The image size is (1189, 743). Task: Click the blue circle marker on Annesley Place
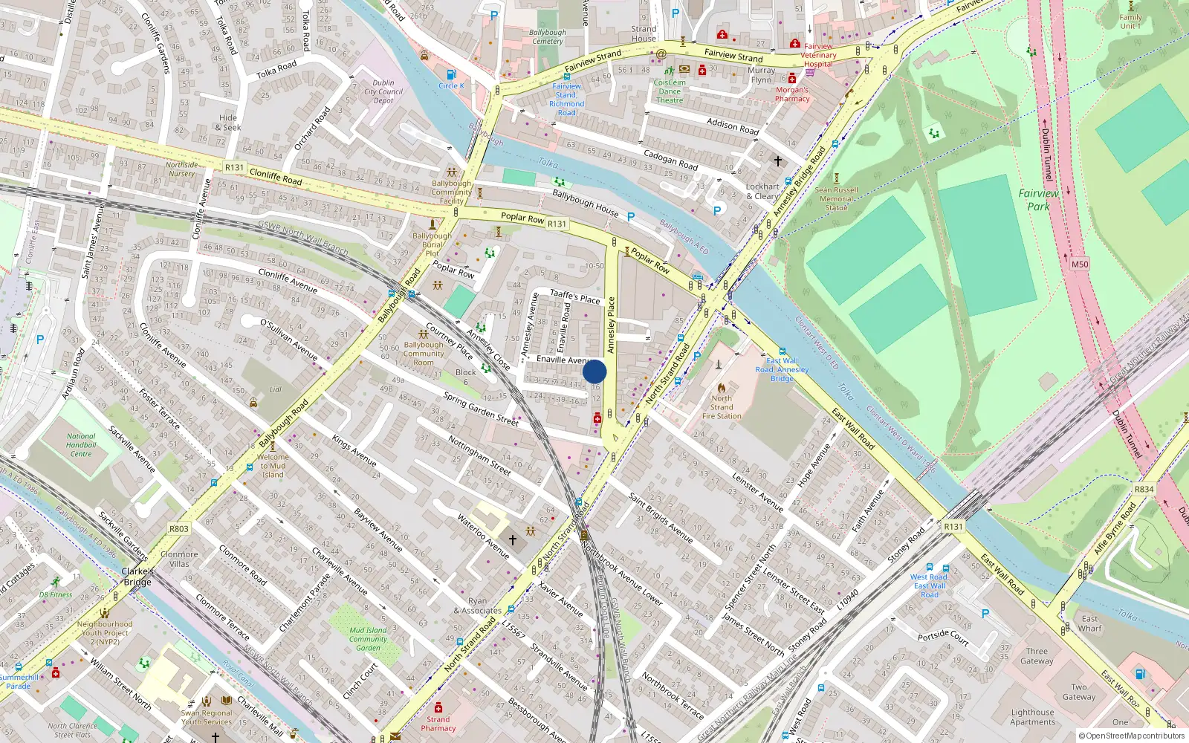(x=594, y=371)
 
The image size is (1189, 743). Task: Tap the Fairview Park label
(x=1038, y=200)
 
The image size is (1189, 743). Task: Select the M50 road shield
(x=1080, y=265)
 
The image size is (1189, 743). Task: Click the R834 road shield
(x=1144, y=489)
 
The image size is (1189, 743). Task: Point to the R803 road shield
(x=178, y=529)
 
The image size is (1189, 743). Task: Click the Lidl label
(x=276, y=389)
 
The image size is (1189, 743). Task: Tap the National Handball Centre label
(x=81, y=445)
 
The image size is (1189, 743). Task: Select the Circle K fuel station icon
(x=450, y=75)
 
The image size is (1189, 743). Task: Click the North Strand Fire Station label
(x=722, y=407)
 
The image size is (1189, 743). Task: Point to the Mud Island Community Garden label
(x=368, y=639)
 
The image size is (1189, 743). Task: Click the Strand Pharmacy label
(x=438, y=724)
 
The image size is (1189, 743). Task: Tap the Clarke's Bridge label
(x=137, y=577)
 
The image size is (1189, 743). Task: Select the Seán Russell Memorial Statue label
(x=836, y=198)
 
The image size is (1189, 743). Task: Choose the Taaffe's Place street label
(x=574, y=296)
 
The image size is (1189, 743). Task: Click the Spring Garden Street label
(x=481, y=409)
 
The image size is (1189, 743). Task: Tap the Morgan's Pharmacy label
(x=792, y=94)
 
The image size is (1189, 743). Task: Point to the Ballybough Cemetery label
(x=548, y=37)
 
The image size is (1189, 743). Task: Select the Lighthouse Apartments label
(x=1032, y=717)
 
